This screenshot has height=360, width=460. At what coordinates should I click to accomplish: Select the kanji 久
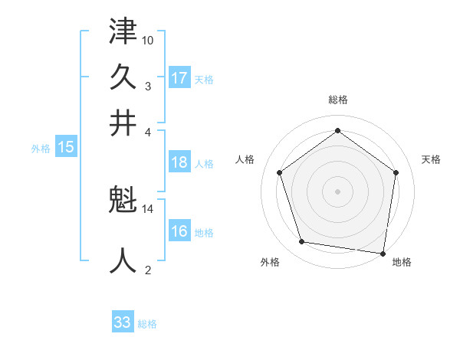123,77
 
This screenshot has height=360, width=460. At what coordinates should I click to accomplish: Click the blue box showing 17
179,78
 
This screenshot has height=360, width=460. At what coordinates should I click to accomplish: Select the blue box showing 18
179,162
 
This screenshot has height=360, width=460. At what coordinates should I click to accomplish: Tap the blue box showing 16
179,231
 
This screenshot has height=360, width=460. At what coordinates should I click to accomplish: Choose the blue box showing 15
65,148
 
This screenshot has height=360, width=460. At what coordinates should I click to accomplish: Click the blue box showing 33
123,322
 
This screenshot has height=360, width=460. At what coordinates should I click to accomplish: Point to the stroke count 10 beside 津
148,40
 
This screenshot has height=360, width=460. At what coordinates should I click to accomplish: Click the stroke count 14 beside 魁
148,208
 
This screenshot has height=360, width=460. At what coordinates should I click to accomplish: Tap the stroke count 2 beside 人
148,269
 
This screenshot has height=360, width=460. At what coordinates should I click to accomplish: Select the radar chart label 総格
337,100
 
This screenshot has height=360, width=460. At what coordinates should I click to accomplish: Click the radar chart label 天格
431,159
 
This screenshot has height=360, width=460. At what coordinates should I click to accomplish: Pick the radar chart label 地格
402,263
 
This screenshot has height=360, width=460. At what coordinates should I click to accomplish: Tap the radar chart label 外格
270,263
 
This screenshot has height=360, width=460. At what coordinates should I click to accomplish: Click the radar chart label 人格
245,159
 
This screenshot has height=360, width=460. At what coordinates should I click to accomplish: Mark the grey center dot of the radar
337,191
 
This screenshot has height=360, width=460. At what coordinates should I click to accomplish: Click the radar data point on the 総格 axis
337,130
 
